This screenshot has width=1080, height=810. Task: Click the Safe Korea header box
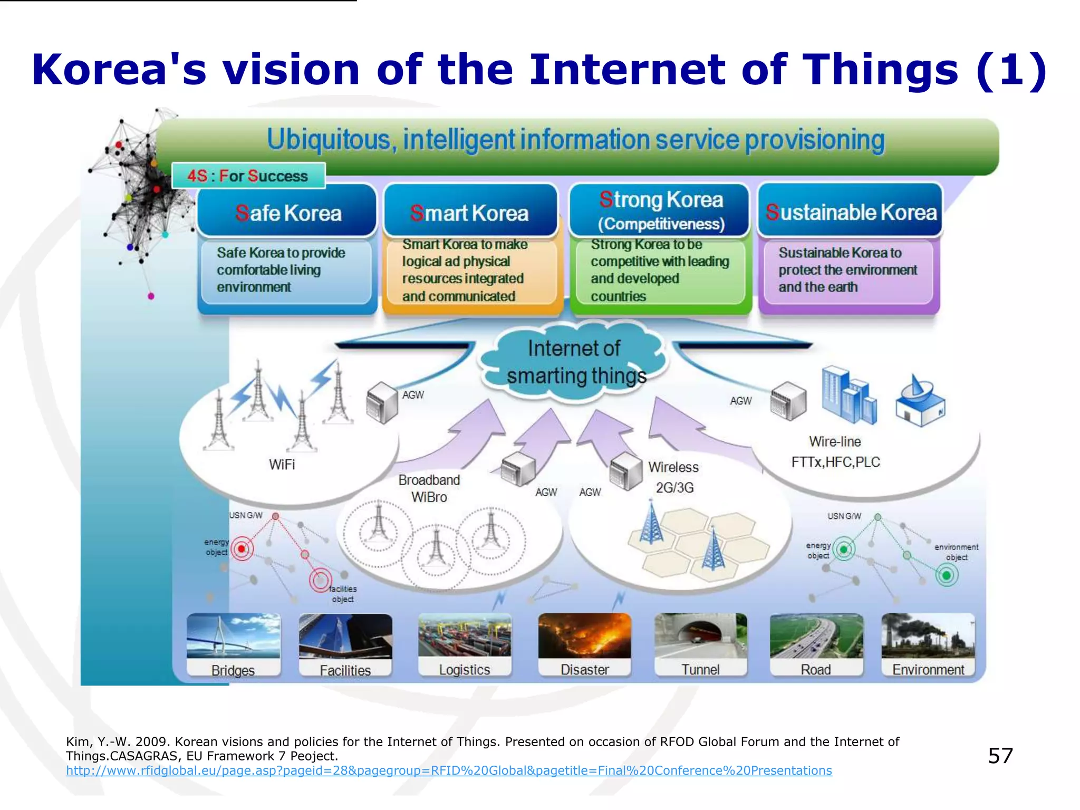point(287,213)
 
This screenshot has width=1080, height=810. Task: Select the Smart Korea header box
point(470,213)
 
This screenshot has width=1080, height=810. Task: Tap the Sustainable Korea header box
point(851,211)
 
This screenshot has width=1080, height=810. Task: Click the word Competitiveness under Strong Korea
point(661,224)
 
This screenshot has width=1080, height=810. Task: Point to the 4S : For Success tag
point(248,176)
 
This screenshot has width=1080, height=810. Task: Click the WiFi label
point(282,465)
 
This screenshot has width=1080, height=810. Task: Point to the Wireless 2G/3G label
point(673,477)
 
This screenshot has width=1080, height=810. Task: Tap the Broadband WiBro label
point(429,488)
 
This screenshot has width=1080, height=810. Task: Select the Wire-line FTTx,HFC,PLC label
point(835,452)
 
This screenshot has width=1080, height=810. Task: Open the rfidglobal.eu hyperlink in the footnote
point(449,770)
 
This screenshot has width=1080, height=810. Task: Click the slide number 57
point(1000,756)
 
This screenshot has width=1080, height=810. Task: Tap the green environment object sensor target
point(947,575)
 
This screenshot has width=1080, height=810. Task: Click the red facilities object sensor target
point(320,580)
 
